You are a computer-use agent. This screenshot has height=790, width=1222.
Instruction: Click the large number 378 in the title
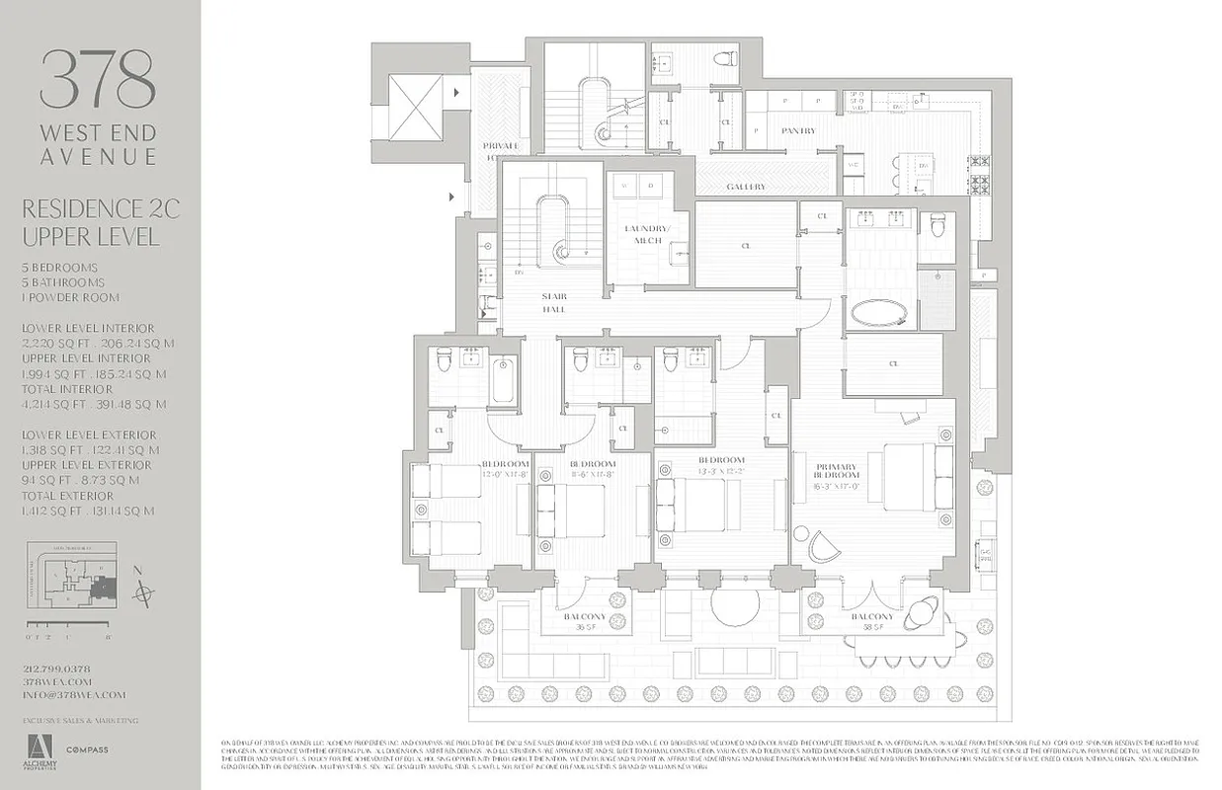pyautogui.click(x=98, y=80)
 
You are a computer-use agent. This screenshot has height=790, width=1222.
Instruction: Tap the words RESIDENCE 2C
pyautogui.click(x=100, y=208)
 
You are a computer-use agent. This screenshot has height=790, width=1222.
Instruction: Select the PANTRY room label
pyautogui.click(x=798, y=130)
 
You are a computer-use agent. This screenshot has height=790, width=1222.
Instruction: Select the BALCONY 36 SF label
pyautogui.click(x=587, y=621)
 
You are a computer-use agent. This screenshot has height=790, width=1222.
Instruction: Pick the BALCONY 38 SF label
pyautogui.click(x=874, y=621)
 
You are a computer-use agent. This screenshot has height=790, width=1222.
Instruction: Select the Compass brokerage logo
pyautogui.click(x=87, y=750)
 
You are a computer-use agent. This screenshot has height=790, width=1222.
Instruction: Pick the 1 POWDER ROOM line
pyautogui.click(x=70, y=297)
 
